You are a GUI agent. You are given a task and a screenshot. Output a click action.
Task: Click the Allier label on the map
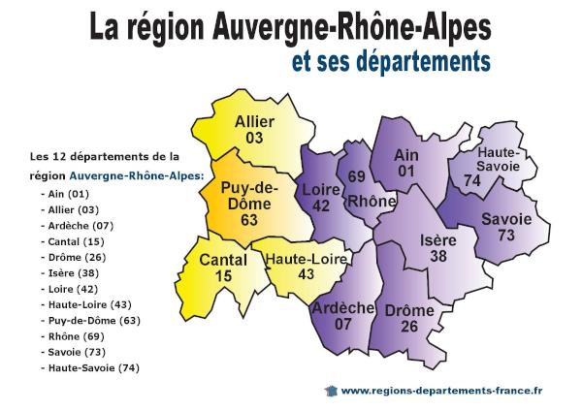[x=254, y=122]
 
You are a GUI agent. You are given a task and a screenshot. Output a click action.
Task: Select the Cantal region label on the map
[x=224, y=260]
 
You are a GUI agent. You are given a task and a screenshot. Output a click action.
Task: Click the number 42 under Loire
[x=320, y=205]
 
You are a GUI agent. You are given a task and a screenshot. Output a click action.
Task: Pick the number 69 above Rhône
[x=356, y=177]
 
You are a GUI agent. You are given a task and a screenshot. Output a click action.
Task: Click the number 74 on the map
[x=472, y=180]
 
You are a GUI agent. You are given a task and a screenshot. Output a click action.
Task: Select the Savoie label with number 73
[x=506, y=220]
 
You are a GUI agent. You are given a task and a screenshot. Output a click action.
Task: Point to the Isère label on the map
[x=439, y=239]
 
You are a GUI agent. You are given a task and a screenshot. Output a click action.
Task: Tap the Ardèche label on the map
[x=343, y=308]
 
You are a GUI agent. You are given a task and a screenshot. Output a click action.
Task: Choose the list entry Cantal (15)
[x=72, y=240]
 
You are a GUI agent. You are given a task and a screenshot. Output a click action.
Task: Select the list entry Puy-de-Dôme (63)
[x=90, y=319]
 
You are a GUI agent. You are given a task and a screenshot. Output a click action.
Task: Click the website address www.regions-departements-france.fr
[x=441, y=390]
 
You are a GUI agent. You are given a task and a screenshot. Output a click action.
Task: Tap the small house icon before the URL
[x=330, y=390]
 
